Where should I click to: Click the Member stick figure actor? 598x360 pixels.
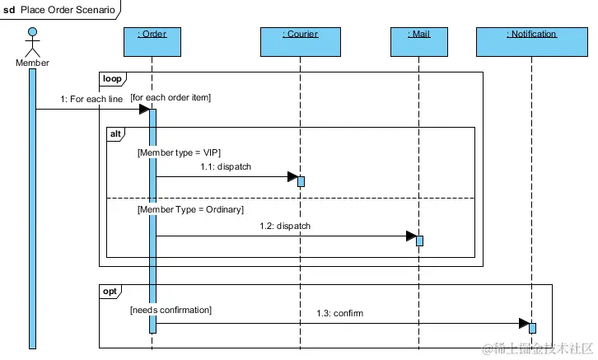[x=32, y=43]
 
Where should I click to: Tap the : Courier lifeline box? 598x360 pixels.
[x=300, y=41]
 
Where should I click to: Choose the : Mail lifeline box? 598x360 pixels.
[x=418, y=41]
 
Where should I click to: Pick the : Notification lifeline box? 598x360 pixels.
[x=531, y=41]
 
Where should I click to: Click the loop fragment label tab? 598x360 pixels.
[x=111, y=79]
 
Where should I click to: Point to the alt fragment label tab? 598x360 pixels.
[x=117, y=133]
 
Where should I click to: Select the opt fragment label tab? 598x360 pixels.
[x=110, y=291]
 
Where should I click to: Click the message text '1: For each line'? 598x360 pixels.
[x=91, y=100]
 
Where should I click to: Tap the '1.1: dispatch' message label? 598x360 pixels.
[x=225, y=167]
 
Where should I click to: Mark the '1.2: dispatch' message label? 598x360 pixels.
[x=285, y=226]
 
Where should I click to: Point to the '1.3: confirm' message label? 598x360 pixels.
[x=339, y=314]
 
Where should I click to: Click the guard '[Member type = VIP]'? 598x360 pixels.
[x=179, y=152]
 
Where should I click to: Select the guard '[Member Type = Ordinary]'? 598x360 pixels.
[x=190, y=211]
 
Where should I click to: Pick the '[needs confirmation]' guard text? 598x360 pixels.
[x=171, y=310]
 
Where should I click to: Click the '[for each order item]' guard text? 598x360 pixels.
[x=171, y=98]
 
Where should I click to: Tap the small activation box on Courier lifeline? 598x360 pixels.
[x=301, y=181]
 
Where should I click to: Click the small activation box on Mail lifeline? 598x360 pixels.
[x=419, y=241]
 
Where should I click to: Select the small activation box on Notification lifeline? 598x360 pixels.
[x=532, y=328]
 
